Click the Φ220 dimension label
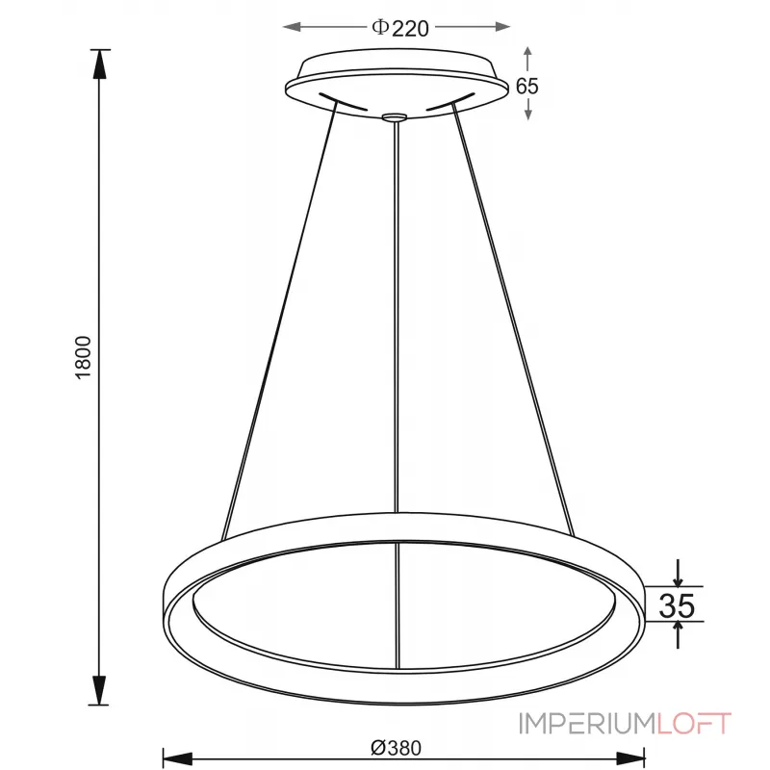(398, 28)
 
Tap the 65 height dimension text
(526, 85)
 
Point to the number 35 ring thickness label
(676, 605)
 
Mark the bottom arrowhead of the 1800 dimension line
(100, 690)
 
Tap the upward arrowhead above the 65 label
(526, 52)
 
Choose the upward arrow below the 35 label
(679, 631)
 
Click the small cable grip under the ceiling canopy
(395, 117)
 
